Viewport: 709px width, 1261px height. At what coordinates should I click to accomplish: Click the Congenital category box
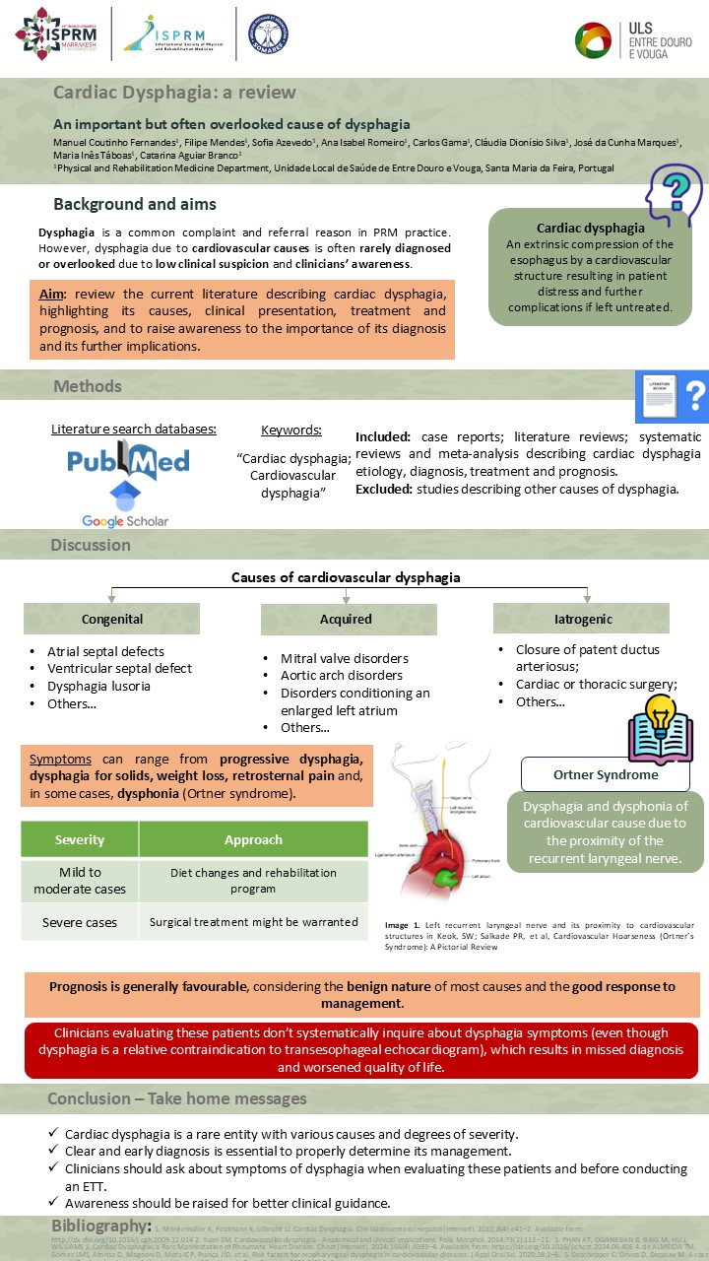(x=111, y=619)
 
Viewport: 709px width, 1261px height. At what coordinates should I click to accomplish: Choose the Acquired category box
(x=346, y=619)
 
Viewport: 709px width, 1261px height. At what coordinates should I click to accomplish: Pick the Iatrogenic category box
(x=581, y=619)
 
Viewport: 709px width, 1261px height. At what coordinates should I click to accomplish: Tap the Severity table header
(x=80, y=839)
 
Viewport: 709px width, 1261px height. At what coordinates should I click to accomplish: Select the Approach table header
(x=253, y=839)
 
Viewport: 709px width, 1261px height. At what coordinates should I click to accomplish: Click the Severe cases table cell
(x=80, y=922)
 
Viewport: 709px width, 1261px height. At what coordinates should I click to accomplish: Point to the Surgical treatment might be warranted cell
(x=253, y=922)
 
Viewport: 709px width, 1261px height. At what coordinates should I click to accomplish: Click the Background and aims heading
(x=135, y=205)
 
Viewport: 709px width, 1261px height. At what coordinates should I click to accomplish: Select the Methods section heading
(x=88, y=386)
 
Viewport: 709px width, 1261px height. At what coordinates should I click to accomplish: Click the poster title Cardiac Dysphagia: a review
(x=174, y=93)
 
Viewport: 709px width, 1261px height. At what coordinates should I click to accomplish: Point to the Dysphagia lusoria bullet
(x=98, y=686)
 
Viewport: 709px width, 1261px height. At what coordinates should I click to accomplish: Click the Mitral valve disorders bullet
(x=344, y=658)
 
